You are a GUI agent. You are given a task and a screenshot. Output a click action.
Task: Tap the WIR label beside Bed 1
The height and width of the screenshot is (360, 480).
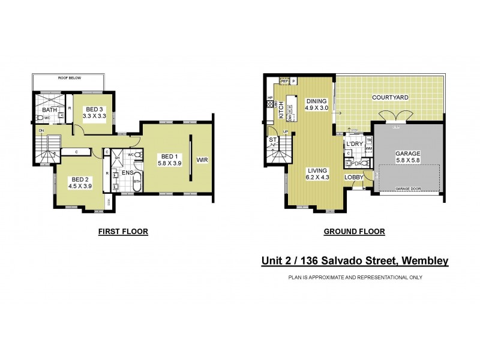[203, 161]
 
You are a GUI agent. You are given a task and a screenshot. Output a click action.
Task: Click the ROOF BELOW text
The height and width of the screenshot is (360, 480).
[70, 78]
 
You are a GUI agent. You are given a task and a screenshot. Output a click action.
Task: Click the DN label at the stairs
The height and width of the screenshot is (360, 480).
[41, 130]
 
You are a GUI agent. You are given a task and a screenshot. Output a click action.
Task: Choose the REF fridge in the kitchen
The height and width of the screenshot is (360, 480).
[285, 80]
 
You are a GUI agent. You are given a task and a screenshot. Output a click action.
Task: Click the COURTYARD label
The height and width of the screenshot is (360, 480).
[390, 97]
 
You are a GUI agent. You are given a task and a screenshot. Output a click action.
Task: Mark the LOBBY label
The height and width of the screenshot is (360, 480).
[353, 177]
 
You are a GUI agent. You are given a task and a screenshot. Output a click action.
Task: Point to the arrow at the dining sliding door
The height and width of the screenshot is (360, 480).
[340, 112]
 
